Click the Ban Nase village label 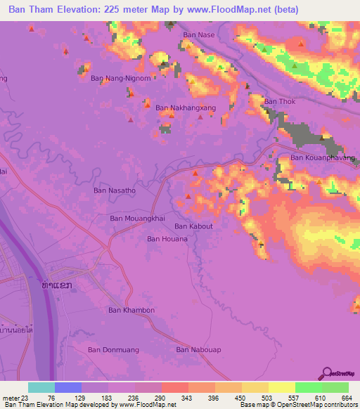pos(199,34)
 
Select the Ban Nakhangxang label pos(184,108)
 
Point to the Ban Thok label pos(279,102)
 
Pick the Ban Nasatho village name pos(115,190)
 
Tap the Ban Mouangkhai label pos(137,219)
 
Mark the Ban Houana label pos(167,239)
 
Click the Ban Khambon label pos(131,310)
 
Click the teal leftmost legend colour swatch pos(41,387)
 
